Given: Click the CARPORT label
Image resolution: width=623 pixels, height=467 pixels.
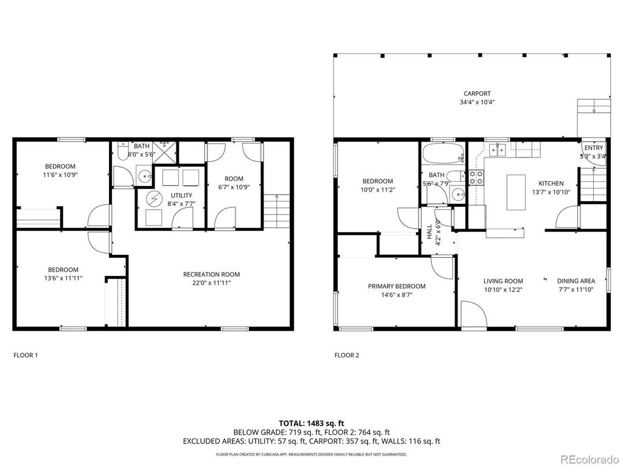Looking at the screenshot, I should pyautogui.click(x=476, y=94).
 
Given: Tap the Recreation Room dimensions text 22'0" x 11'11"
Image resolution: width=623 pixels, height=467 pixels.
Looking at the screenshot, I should pyautogui.click(x=207, y=283).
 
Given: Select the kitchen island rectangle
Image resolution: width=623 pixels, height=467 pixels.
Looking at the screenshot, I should pyautogui.click(x=515, y=192).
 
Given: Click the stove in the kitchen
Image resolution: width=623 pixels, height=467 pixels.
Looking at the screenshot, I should pyautogui.click(x=476, y=177).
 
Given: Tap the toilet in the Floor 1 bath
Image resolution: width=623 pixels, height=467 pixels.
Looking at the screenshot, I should pyautogui.click(x=122, y=153).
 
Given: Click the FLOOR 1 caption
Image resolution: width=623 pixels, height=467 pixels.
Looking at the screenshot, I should pyautogui.click(x=26, y=355).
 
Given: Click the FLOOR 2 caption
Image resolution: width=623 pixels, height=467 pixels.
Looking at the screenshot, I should pyautogui.click(x=346, y=355).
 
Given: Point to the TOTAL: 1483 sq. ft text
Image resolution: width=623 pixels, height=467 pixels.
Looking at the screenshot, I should pyautogui.click(x=311, y=423).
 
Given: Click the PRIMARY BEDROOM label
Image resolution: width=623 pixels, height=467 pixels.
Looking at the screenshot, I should pyautogui.click(x=396, y=286).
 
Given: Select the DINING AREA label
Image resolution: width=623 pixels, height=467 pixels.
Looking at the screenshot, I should pyautogui.click(x=576, y=281).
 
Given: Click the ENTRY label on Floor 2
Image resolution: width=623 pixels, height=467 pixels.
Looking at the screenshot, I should pyautogui.click(x=593, y=148).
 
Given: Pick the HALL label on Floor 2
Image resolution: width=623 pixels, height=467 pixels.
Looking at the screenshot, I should pyautogui.click(x=430, y=230).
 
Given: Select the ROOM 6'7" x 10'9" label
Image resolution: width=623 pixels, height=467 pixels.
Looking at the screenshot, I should pyautogui.click(x=234, y=179).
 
